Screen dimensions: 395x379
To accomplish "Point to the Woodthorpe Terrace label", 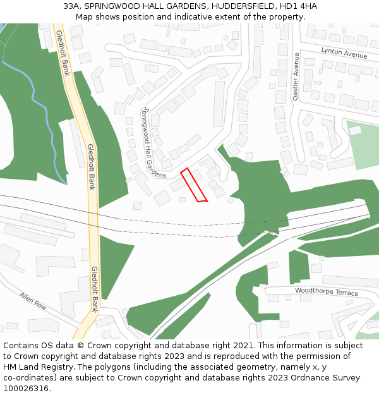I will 326,292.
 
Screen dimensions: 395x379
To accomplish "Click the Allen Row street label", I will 33,300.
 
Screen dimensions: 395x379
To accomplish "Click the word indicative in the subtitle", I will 189,17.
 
